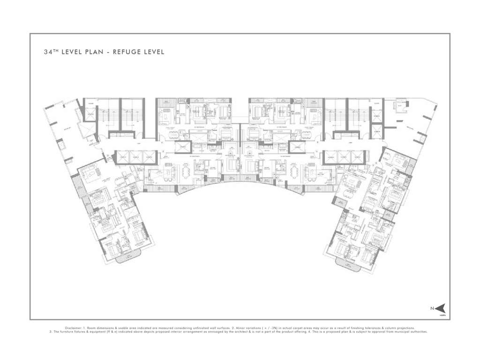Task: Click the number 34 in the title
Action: (x=47, y=52)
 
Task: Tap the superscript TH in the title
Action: (x=55, y=51)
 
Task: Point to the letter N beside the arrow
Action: (x=432, y=308)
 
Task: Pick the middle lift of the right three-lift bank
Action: (x=344, y=157)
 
